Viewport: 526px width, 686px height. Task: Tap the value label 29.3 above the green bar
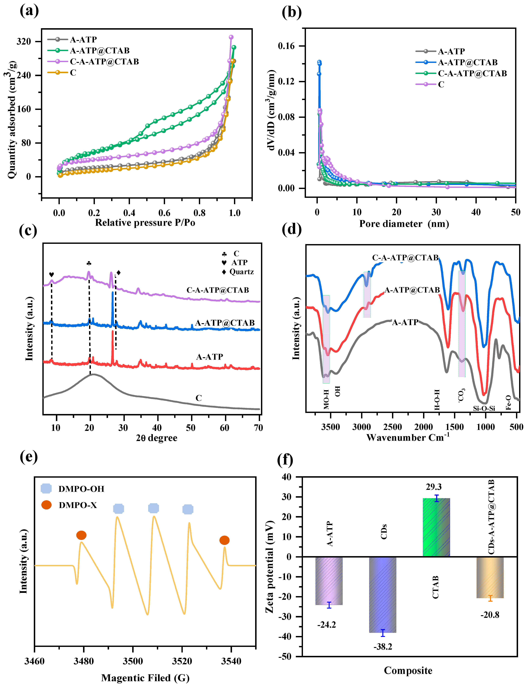pyautogui.click(x=434, y=487)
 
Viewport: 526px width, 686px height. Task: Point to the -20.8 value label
pyautogui.click(x=490, y=615)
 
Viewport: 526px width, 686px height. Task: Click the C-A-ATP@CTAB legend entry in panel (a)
pyautogui.click(x=104, y=62)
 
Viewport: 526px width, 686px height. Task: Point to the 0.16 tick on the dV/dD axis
pyautogui.click(x=286, y=46)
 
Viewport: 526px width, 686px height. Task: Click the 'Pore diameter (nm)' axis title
pyautogui.click(x=404, y=224)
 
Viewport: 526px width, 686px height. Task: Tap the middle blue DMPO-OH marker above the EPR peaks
pyautogui.click(x=153, y=508)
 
